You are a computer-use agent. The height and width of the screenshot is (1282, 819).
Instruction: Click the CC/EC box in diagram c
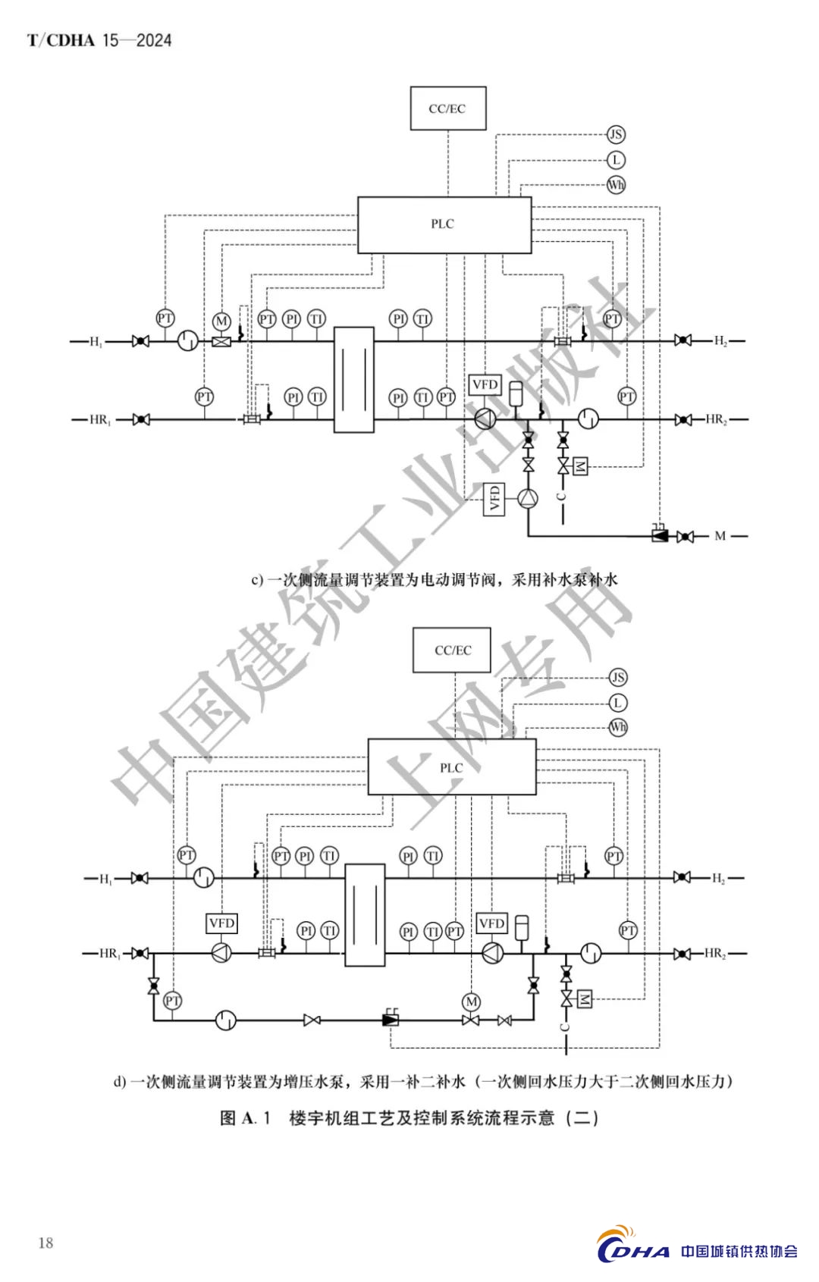447,108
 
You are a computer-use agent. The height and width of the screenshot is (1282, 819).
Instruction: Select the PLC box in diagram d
451,767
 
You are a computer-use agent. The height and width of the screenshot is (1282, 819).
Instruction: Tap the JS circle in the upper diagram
616,135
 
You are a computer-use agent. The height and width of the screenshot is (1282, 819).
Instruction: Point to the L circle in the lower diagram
618,703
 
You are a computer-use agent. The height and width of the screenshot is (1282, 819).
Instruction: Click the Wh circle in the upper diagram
616,184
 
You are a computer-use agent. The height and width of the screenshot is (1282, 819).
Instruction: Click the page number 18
45,1243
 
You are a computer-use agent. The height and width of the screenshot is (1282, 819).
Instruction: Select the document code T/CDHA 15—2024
99,41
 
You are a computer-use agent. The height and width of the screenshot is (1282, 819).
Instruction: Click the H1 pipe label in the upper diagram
96,342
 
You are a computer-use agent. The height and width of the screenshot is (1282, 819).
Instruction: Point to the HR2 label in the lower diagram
716,954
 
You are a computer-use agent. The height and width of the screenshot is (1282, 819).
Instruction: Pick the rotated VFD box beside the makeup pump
494,499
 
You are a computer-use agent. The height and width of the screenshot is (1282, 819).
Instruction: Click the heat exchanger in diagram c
354,379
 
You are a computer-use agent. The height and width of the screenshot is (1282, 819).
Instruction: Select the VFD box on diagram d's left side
221,923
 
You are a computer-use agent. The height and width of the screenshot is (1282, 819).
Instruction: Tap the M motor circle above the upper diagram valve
221,321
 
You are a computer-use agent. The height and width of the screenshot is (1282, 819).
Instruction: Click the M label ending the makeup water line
720,536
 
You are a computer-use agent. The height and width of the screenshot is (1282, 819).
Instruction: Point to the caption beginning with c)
435,580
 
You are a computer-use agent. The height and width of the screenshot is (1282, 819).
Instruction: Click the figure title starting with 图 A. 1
409,1117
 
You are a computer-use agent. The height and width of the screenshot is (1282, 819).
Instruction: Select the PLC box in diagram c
444,224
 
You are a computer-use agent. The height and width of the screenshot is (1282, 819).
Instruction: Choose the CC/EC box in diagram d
453,650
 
